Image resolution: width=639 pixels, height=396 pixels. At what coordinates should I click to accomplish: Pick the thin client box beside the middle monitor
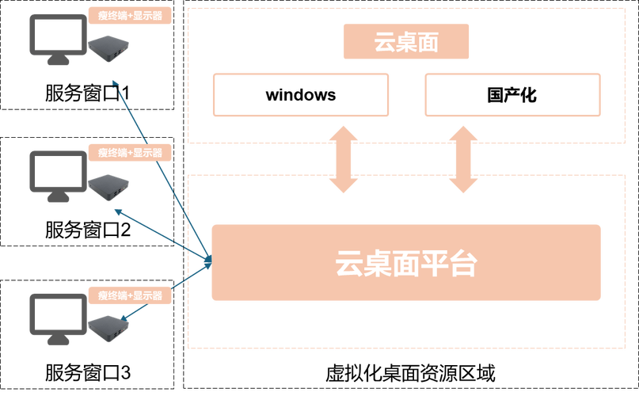click(x=108, y=186)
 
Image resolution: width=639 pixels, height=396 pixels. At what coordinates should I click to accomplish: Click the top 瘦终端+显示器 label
click(x=130, y=15)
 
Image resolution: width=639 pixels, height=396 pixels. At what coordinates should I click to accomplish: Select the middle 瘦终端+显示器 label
click(x=130, y=153)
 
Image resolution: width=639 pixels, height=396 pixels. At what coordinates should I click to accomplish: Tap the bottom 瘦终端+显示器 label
click(x=130, y=295)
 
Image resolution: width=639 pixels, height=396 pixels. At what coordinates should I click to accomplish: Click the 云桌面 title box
click(x=406, y=42)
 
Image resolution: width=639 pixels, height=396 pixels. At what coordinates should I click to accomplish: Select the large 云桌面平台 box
click(x=405, y=262)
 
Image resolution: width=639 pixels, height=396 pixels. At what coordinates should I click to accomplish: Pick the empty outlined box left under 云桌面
click(x=299, y=95)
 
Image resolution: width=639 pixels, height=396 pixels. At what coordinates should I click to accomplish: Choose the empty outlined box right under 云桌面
click(x=513, y=95)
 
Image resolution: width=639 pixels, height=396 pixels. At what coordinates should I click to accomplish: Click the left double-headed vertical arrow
click(x=344, y=158)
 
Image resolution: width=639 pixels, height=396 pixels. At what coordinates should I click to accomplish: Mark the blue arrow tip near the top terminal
click(x=115, y=82)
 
